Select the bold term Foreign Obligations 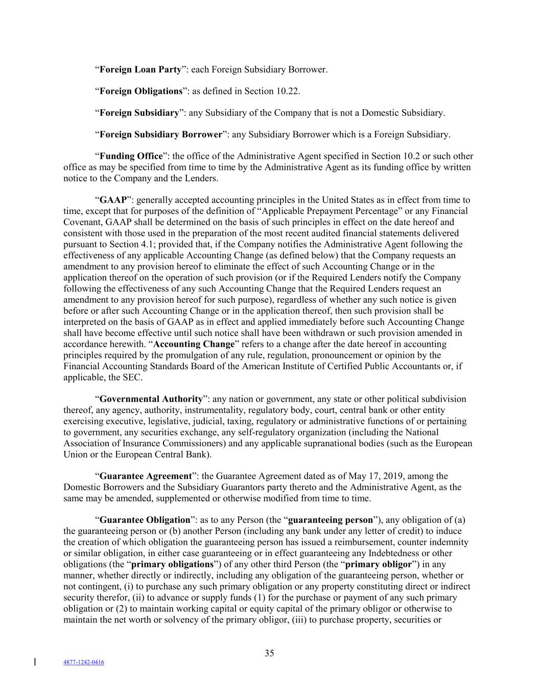[x=140, y=91]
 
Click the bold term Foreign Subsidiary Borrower [x=160, y=135]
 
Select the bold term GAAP [x=112, y=200]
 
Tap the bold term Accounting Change [x=194, y=344]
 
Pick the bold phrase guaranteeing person [x=331, y=520]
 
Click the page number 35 [x=269, y=653]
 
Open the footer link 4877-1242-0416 [x=84, y=662]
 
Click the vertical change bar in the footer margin [x=35, y=662]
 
